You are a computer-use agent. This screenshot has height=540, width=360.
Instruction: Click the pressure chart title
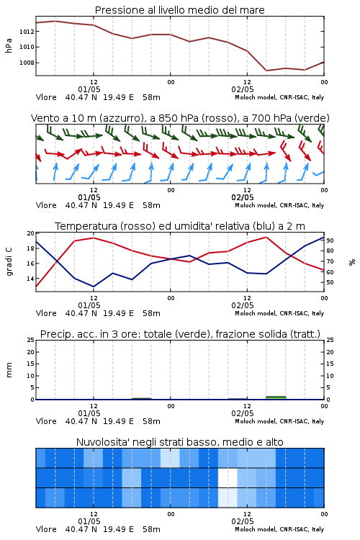[180, 10]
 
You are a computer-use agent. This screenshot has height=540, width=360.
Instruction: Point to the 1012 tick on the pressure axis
[27, 32]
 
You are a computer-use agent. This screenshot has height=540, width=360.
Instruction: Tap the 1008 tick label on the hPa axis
[27, 63]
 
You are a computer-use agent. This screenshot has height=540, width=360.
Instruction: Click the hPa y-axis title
[9, 45]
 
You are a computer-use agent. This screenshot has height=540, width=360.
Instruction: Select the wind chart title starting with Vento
[180, 118]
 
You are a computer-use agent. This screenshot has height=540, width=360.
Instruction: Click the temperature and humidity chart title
[180, 226]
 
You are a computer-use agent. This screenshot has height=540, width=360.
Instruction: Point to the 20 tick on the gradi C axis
[31, 233]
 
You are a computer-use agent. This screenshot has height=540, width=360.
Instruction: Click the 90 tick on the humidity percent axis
[330, 240]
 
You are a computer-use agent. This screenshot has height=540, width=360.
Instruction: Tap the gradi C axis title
[9, 262]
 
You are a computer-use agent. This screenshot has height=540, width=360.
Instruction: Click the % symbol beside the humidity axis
[352, 262]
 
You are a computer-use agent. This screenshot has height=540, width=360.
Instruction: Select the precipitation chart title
[180, 334]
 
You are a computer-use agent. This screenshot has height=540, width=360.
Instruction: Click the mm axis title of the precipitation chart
[9, 370]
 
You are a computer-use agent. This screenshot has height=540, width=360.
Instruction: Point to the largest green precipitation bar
[276, 397]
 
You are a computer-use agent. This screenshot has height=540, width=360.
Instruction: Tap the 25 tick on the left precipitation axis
[31, 340]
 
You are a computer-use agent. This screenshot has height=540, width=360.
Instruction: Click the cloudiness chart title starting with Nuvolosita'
[180, 442]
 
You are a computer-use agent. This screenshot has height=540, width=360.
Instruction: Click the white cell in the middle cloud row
[228, 477]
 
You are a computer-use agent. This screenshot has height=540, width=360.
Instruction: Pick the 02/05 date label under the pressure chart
[243, 89]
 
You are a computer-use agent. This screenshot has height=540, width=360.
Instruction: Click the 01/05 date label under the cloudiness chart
[89, 521]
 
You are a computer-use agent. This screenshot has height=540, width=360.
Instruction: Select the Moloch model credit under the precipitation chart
[279, 421]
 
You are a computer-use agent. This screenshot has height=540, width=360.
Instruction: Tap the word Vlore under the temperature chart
[46, 313]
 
